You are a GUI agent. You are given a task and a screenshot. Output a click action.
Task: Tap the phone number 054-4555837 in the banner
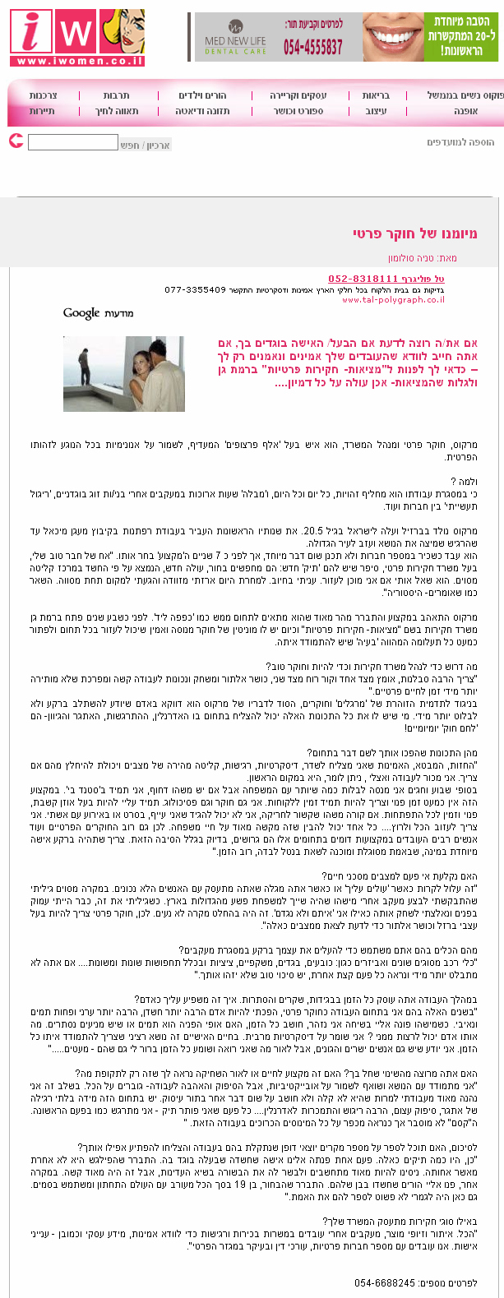click(x=313, y=47)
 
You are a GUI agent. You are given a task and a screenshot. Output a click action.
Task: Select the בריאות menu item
click(x=375, y=95)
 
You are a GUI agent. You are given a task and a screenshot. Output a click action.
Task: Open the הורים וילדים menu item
click(x=202, y=95)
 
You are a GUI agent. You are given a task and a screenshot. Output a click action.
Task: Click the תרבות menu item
click(x=117, y=95)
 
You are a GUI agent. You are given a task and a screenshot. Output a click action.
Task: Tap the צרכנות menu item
click(x=43, y=95)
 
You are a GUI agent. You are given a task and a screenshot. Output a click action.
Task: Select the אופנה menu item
click(x=465, y=111)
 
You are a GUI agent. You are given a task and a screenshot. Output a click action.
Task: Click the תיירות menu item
click(x=42, y=111)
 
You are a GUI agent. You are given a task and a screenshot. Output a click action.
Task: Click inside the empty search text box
click(x=73, y=143)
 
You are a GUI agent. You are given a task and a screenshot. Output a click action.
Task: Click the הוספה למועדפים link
click(x=460, y=142)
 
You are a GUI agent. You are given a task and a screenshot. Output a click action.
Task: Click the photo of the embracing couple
click(x=124, y=373)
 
